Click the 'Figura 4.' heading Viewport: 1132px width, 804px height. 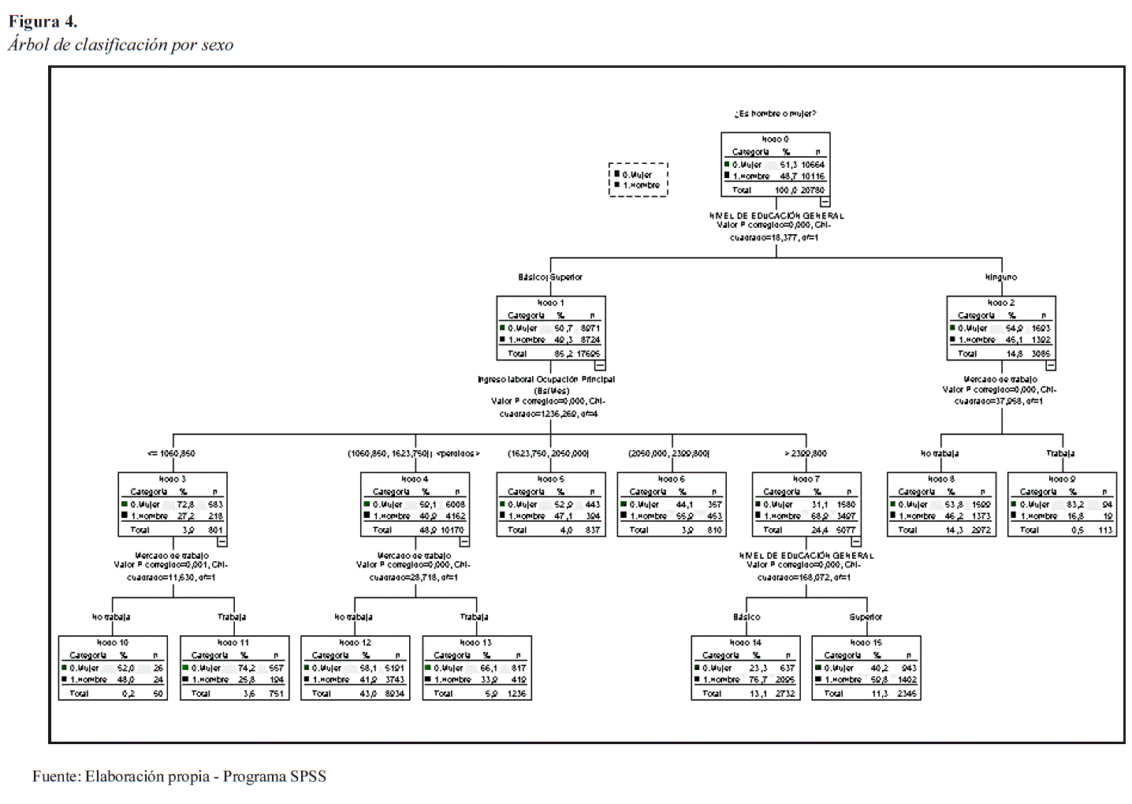[x=43, y=21]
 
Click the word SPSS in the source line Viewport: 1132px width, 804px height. [x=308, y=776]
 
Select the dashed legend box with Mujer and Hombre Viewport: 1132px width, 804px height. [x=638, y=180]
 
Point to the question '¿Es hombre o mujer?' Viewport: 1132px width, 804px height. [x=775, y=114]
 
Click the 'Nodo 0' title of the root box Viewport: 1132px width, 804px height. [x=775, y=140]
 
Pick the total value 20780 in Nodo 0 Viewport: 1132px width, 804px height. [x=813, y=190]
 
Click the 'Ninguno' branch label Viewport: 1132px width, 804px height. [x=1001, y=277]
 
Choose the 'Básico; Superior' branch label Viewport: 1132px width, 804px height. [x=550, y=277]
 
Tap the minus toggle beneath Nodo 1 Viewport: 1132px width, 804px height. [x=600, y=366]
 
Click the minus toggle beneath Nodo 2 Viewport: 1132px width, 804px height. [x=1050, y=366]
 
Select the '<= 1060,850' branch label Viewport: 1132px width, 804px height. [x=171, y=454]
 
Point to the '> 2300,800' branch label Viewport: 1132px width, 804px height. [x=806, y=454]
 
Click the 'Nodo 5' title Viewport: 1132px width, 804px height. [x=550, y=479]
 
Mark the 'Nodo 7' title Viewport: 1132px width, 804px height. [x=806, y=479]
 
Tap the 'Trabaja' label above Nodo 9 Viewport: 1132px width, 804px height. [x=1060, y=454]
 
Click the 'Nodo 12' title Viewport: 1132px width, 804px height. [x=355, y=642]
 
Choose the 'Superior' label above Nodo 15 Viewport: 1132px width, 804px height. [x=866, y=617]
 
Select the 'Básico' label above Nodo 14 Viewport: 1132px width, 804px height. [x=747, y=617]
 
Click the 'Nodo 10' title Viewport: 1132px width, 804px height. [x=112, y=642]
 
